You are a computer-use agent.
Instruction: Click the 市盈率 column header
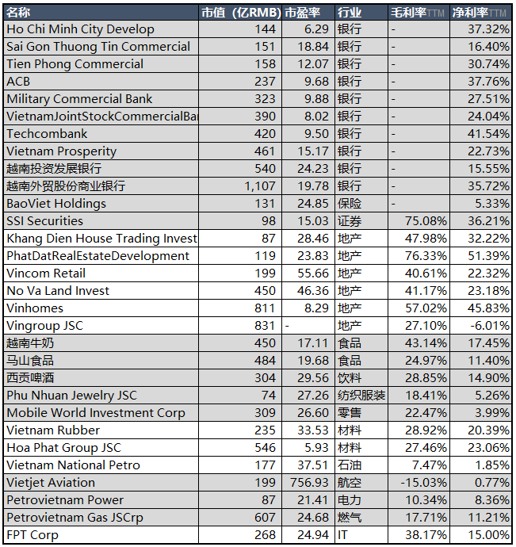tap(303, 13)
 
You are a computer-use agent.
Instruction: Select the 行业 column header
tap(350, 13)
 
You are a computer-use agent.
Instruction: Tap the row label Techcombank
tap(47, 134)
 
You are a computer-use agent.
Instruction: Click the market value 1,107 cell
tap(260, 186)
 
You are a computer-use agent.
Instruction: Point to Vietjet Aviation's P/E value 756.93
tap(309, 483)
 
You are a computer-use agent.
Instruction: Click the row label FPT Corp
tap(32, 535)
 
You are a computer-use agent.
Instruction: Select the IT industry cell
tap(342, 535)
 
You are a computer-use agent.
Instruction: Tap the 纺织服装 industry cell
tap(361, 396)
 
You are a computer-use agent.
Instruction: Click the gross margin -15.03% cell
tap(423, 483)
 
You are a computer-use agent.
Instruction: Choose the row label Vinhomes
tap(35, 308)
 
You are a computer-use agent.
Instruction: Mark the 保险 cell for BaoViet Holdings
tap(350, 204)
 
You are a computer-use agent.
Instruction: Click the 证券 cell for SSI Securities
tap(350, 221)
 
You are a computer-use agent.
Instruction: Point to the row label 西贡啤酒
tap(30, 378)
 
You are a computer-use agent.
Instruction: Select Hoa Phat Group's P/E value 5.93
tap(316, 448)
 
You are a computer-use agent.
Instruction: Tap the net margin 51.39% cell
tap(488, 256)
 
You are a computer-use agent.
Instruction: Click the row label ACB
tap(18, 82)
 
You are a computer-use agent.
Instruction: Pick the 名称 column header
tap(18, 13)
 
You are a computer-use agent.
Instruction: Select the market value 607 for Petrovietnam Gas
tap(266, 518)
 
